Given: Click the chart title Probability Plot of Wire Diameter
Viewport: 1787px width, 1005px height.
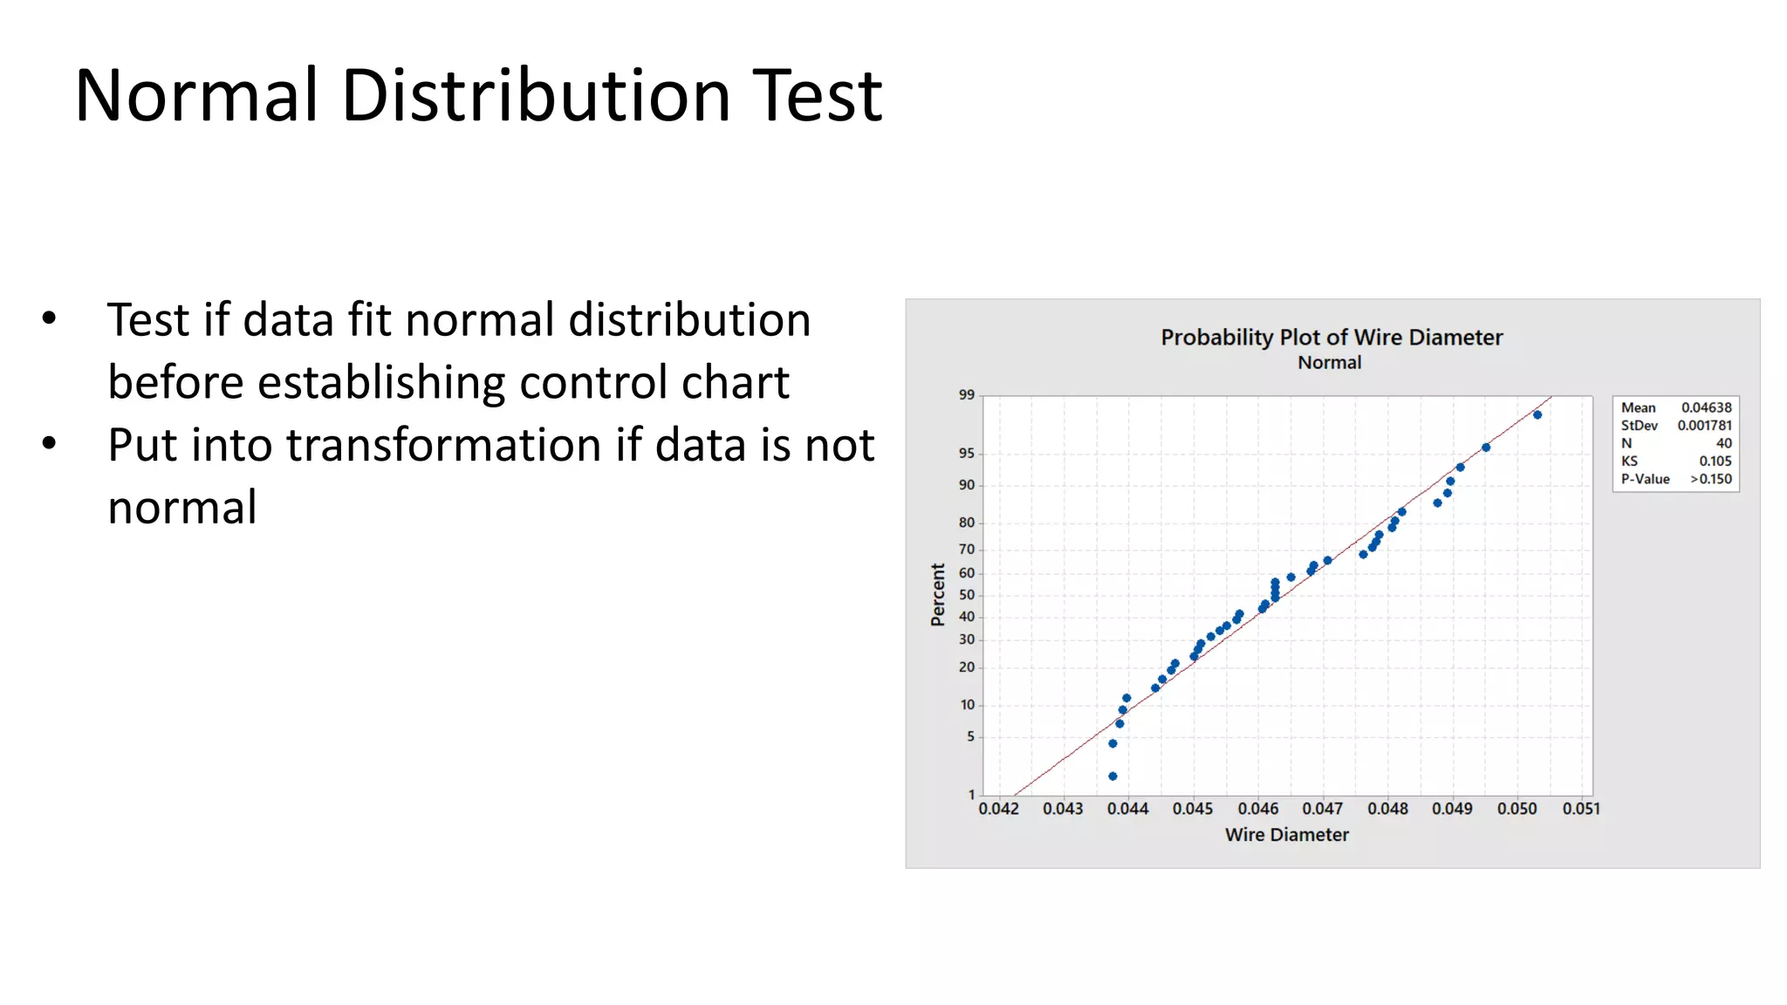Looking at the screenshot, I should point(1331,337).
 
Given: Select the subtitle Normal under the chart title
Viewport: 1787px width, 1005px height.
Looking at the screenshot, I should point(1329,362).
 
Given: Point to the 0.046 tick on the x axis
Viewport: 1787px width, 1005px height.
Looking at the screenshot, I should point(1257,809).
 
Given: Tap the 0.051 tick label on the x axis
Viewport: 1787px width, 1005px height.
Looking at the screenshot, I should point(1581,809).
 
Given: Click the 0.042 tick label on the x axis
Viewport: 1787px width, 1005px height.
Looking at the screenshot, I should point(998,809).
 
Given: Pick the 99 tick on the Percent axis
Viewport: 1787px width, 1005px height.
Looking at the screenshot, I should point(967,394).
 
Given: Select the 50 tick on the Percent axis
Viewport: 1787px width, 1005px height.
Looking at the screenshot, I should point(967,595).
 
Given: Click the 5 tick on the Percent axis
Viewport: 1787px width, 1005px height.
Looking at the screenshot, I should point(970,736).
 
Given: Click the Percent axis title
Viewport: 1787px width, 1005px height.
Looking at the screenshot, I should point(938,594).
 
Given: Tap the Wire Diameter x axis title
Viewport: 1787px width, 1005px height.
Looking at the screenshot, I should point(1286,834).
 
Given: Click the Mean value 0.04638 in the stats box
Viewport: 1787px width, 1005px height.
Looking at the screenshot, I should point(1706,407).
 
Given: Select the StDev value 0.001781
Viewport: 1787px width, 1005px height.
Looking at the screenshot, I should point(1704,425).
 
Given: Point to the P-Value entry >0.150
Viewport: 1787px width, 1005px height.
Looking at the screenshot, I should point(1710,479).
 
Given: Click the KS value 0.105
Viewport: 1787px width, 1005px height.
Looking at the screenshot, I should point(1715,461).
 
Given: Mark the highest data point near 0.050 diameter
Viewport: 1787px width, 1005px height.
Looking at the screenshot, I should point(1537,415).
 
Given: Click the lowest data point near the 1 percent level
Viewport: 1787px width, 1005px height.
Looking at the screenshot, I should point(1113,776).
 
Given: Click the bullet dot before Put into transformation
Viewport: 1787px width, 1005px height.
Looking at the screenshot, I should point(49,444).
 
